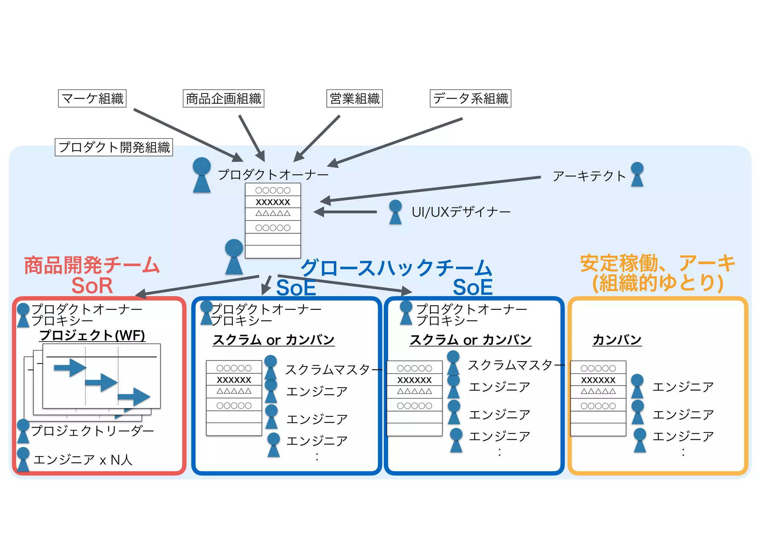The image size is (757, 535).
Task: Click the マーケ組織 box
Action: tap(92, 98)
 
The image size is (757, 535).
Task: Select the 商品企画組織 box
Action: tap(223, 98)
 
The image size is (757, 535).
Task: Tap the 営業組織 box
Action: tap(354, 98)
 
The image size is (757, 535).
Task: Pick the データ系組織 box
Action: tap(470, 98)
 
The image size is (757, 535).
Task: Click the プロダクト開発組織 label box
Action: tap(114, 147)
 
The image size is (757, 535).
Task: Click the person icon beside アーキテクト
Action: tap(637, 174)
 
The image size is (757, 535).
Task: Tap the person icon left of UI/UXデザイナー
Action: tap(395, 212)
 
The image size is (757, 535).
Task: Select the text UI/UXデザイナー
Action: tap(461, 212)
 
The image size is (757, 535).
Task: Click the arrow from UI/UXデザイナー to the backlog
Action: tap(345, 212)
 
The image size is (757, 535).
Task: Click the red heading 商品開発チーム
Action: tap(92, 265)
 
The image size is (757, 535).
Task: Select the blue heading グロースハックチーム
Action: tap(396, 268)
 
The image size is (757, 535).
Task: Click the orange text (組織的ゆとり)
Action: tap(658, 283)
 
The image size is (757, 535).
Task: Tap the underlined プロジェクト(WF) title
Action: tap(92, 335)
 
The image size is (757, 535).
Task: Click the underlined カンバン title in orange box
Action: tap(617, 340)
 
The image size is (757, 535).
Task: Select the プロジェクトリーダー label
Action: tap(92, 431)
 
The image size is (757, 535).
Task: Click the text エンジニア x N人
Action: tap(83, 460)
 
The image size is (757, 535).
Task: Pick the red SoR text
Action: tap(92, 286)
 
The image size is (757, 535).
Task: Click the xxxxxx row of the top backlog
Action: tap(273, 202)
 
